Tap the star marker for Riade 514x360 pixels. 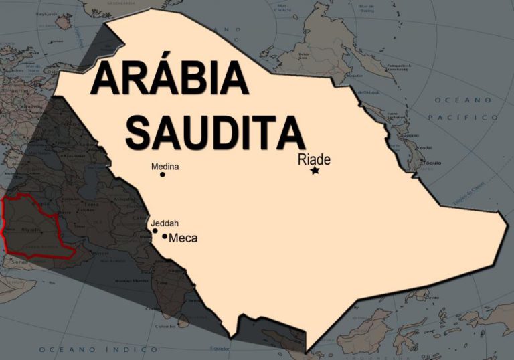315,171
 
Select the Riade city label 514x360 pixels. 315,159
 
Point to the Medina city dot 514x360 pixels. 163,175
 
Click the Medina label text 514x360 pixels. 165,166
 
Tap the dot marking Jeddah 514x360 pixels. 155,231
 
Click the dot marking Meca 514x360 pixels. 165,236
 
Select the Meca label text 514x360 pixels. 183,238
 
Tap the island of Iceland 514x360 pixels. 64,21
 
